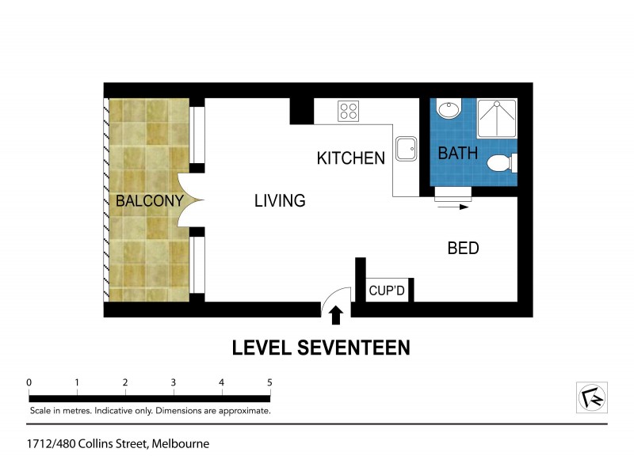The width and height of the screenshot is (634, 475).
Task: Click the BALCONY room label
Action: pyautogui.click(x=149, y=201)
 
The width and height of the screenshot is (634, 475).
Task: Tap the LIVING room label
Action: pyautogui.click(x=280, y=201)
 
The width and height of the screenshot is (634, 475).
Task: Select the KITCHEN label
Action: pyautogui.click(x=350, y=158)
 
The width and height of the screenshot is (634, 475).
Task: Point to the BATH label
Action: pyautogui.click(x=458, y=154)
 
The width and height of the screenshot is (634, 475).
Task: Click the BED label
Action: pyautogui.click(x=463, y=249)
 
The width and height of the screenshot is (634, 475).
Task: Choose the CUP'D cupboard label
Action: pyautogui.click(x=388, y=291)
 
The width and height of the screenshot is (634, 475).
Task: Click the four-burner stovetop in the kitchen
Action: pyautogui.click(x=349, y=111)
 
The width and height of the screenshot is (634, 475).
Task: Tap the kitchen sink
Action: pyautogui.click(x=406, y=148)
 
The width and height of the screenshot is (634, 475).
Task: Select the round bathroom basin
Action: pyautogui.click(x=449, y=108)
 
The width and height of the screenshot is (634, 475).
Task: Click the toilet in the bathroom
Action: pyautogui.click(x=501, y=163)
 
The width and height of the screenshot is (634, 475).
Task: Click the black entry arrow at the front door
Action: pyautogui.click(x=336, y=315)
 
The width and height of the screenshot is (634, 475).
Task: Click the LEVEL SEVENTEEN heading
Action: pyautogui.click(x=320, y=348)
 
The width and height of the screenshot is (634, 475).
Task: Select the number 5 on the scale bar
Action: pyautogui.click(x=269, y=382)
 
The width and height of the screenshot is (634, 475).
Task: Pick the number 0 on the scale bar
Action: pyautogui.click(x=29, y=382)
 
